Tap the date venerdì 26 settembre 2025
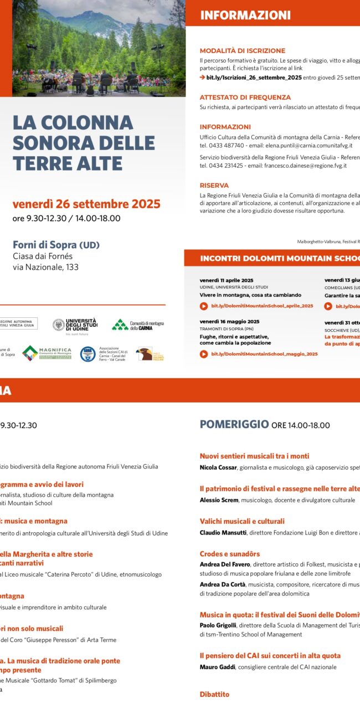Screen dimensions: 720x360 pos(86,204)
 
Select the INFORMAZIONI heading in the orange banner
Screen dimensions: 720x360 pos(245,15)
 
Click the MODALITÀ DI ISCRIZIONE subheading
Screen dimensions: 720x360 pos(243,50)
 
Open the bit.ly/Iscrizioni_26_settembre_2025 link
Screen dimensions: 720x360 pos(254,78)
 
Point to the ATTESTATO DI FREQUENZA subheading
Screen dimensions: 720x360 pos(245,97)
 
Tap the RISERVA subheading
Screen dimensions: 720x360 pos(214,186)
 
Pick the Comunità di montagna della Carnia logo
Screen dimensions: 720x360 pos(138,325)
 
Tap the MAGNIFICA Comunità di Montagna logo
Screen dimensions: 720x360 pos(47,353)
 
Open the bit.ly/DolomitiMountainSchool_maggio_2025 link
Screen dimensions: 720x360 pos(264,354)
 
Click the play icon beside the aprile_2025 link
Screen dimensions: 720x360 pos(204,306)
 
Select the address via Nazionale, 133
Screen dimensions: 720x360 pos(45,267)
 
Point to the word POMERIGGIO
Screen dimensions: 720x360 pos(234,425)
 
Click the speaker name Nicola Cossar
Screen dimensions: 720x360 pos(218,468)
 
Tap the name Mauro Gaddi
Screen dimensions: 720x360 pos(217,667)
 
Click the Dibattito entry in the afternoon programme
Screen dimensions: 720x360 pos(214,695)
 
